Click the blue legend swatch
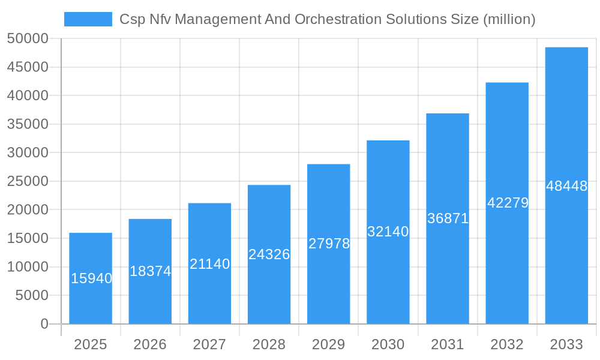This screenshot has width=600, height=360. click(x=88, y=19)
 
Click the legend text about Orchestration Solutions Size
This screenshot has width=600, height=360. click(x=327, y=19)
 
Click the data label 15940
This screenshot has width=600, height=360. click(x=91, y=278)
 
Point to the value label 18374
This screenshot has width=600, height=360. click(x=150, y=271)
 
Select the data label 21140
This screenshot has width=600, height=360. click(x=209, y=263)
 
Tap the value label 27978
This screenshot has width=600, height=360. click(x=329, y=244)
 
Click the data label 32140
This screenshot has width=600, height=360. click(x=388, y=232)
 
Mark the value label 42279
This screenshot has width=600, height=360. click(x=508, y=203)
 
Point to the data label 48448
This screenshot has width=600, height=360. click(x=566, y=186)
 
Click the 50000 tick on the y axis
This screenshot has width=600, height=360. click(x=27, y=38)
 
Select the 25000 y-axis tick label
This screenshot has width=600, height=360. click(x=27, y=181)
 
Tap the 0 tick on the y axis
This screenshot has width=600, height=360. click(x=44, y=324)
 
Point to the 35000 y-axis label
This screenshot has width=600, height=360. click(x=27, y=124)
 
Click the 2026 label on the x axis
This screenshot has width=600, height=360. click(x=150, y=344)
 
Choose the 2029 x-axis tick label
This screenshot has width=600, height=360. click(x=328, y=344)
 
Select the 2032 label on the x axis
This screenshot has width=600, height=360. click(x=507, y=344)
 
